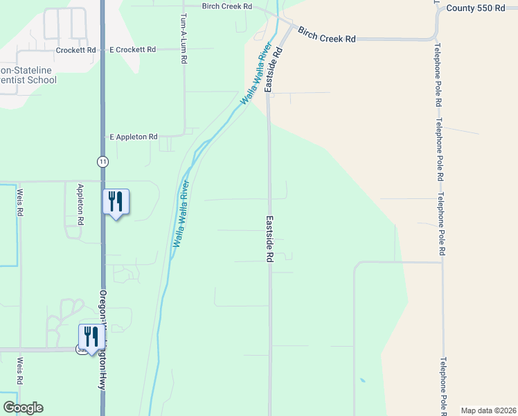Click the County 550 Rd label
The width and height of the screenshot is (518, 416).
(x=476, y=8)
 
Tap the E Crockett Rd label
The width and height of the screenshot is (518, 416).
(x=132, y=50)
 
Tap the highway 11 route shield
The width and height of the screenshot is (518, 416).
(x=102, y=161)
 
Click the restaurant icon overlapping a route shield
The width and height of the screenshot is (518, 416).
(x=91, y=337)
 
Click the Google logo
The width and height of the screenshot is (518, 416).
(x=23, y=408)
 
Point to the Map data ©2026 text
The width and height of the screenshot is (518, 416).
(x=488, y=410)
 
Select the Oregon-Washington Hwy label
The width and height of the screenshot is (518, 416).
(x=102, y=347)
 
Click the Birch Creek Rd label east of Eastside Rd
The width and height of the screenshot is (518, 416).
(x=326, y=35)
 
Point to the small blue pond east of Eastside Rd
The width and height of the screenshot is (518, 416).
(x=362, y=380)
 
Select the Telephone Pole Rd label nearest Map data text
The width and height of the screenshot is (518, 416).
(x=443, y=385)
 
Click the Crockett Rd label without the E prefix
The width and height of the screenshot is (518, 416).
(x=78, y=50)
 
